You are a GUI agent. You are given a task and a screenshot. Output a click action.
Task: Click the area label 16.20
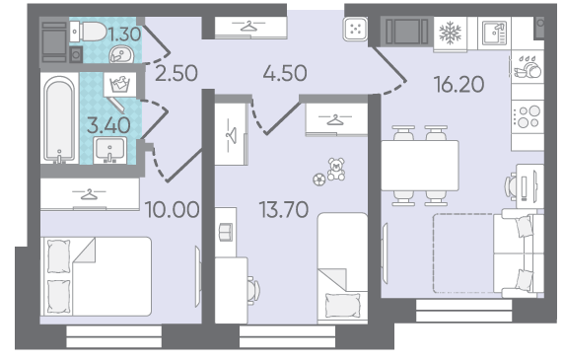(458, 85)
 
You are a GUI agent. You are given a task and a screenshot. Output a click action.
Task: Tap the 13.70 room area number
(284, 210)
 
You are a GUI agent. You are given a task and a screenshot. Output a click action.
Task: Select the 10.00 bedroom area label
(172, 210)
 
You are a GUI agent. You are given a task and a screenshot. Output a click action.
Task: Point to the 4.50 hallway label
(285, 73)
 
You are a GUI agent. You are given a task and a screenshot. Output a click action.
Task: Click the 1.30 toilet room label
(124, 35)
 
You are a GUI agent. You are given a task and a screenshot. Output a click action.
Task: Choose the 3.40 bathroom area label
(108, 125)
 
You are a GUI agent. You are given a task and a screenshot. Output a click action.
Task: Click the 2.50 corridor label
(176, 73)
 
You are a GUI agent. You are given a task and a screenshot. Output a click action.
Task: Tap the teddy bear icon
(336, 169)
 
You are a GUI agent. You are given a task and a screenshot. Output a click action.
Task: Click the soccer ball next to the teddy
(319, 180)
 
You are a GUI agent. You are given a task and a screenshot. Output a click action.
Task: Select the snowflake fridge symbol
(450, 34)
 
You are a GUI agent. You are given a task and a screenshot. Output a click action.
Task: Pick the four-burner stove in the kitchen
(528, 116)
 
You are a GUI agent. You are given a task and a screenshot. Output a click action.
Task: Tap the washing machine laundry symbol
(120, 85)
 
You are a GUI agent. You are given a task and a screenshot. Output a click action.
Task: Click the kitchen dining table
(420, 166)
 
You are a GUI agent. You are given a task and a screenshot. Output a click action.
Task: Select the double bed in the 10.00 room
(96, 276)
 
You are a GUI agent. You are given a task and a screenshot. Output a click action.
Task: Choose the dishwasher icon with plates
(528, 67)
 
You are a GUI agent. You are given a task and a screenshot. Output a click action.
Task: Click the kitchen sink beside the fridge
(494, 34)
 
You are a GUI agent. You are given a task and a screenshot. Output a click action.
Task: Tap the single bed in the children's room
(342, 267)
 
